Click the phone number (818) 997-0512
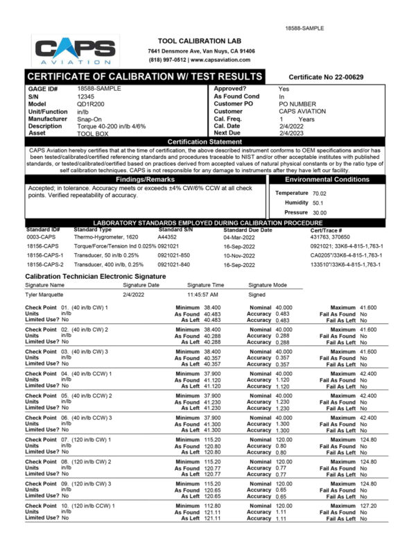(164, 60)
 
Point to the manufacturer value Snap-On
(90, 119)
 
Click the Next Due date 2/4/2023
(291, 132)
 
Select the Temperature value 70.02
(320, 193)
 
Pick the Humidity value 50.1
(318, 203)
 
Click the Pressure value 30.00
(320, 212)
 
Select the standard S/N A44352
(168, 237)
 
